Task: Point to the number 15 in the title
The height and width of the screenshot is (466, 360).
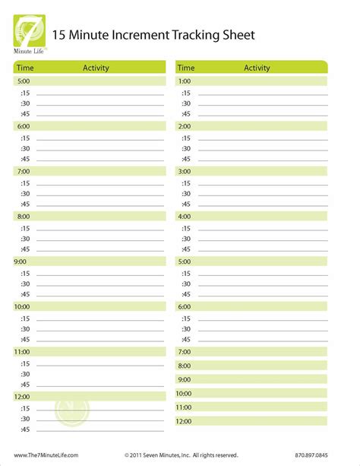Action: click(60, 35)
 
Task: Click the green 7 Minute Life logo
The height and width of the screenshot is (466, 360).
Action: click(30, 32)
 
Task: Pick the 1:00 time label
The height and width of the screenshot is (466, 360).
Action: click(185, 81)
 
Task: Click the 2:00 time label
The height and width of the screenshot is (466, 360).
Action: click(185, 126)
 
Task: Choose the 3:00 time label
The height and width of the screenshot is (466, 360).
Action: click(185, 171)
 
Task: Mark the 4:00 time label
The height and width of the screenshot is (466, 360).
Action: click(185, 216)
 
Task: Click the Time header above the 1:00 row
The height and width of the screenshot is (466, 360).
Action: click(186, 68)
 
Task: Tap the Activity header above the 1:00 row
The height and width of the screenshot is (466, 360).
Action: click(257, 68)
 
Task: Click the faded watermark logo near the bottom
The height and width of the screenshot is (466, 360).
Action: click(72, 412)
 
